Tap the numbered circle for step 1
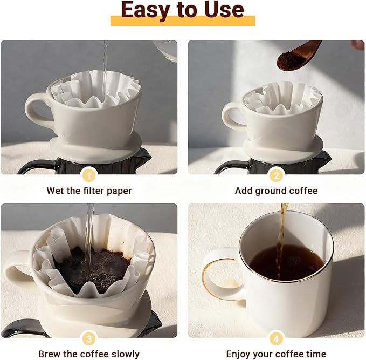click(x=89, y=175)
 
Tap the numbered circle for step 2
click(x=276, y=175)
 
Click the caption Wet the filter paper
click(x=89, y=191)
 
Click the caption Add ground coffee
click(x=276, y=191)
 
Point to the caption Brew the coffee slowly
click(x=89, y=354)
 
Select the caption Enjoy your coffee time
click(x=276, y=354)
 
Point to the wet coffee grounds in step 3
click(x=94, y=267)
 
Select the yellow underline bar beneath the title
click(x=182, y=21)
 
